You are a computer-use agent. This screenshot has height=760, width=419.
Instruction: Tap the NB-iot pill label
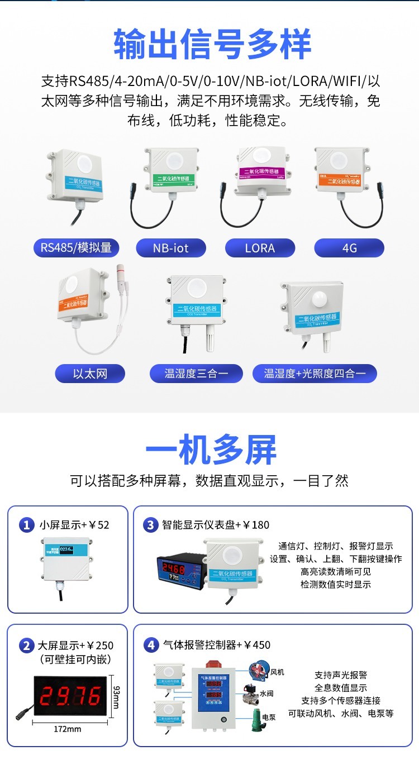pos(171,248)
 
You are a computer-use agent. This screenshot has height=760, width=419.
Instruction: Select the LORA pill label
pos(260,248)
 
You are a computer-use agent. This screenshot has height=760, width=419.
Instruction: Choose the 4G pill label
pos(349,248)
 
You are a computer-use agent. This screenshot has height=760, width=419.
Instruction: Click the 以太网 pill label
pos(89,374)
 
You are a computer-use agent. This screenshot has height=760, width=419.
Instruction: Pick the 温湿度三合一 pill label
pos(196,374)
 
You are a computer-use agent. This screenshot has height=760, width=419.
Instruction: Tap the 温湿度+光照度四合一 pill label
pos(315,374)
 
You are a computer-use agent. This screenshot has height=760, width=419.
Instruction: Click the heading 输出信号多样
pos(212,45)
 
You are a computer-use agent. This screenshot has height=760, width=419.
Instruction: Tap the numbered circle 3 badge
pos(150,525)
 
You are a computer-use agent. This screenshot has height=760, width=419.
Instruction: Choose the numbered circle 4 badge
pos(150,646)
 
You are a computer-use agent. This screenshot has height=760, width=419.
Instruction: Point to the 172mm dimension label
pos(68,729)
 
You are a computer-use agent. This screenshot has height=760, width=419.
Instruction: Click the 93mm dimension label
pos(116,696)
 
